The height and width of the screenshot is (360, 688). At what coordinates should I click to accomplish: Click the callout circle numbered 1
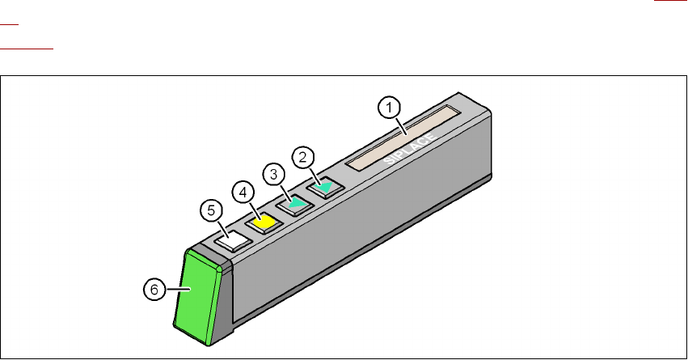[390, 106]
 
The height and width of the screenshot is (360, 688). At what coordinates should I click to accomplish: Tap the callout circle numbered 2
[302, 156]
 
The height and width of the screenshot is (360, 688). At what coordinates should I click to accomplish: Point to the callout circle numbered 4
[243, 193]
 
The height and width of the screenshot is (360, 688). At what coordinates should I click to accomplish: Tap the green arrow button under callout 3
[296, 204]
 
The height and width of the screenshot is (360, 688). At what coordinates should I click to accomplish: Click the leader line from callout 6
[175, 285]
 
